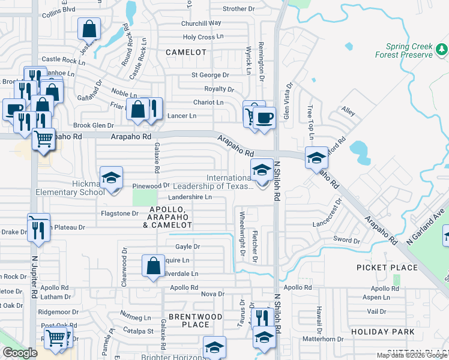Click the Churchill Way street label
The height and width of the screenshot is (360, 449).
pos(202,23)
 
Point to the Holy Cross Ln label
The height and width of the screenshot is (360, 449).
pos(203,37)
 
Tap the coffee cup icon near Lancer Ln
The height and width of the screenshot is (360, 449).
pos(264,116)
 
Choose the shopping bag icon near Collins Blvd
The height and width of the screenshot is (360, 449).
pos(89,28)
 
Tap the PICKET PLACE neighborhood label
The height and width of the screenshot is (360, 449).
pos(387,267)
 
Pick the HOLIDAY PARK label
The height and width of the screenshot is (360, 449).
pos(383,332)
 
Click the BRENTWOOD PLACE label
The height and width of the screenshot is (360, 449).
pos(196,320)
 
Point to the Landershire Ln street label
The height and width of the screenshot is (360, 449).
pos(190,197)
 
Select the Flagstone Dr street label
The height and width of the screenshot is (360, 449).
pos(119,213)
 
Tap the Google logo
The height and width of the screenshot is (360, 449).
pos(20,353)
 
